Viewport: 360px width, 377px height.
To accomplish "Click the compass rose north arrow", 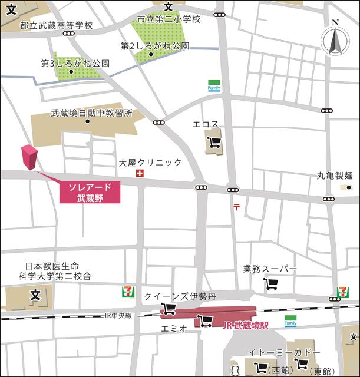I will click(x=335, y=41).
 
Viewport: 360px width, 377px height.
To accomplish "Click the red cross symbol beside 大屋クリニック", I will click(x=140, y=173).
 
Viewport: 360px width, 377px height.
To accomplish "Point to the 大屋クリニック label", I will click(x=150, y=162).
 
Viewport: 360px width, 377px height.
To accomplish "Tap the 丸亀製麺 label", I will click(x=335, y=175).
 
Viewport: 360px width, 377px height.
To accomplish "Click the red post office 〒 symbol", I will click(x=236, y=206).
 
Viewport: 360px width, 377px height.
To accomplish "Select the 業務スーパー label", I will click(x=270, y=269).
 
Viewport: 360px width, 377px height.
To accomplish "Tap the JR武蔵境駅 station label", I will click(x=245, y=325).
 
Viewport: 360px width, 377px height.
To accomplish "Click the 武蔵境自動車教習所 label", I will click(x=91, y=113).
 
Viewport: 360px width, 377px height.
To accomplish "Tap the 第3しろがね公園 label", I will click(x=75, y=62).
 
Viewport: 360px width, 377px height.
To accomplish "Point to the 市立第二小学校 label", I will click(x=169, y=19).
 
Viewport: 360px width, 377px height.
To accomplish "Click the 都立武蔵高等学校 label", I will click(x=57, y=25).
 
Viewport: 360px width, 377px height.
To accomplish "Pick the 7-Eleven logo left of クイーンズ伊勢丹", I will click(x=127, y=292).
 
